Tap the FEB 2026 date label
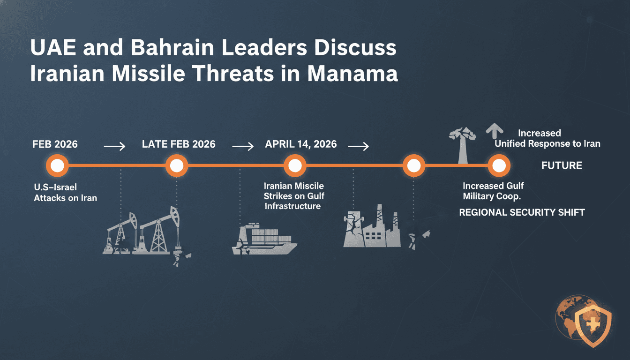(55, 144)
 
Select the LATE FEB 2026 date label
(179, 144)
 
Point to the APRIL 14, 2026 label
(301, 144)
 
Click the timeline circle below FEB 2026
(57, 165)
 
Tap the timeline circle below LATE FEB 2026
(177, 165)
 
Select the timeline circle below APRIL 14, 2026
(295, 165)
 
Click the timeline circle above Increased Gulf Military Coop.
(498, 165)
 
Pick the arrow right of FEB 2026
(114, 147)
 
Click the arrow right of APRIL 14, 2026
(358, 147)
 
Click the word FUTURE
(562, 165)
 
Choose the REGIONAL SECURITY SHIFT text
(522, 212)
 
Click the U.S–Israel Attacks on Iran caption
(65, 193)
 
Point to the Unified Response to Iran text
(547, 144)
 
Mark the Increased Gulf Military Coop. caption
(493, 191)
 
